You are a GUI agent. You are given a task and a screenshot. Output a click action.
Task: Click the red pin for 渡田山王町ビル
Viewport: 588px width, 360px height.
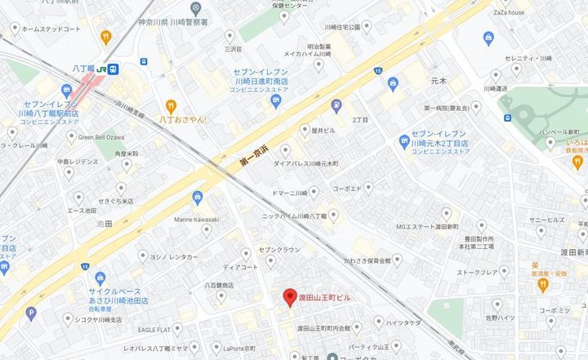click(287, 298)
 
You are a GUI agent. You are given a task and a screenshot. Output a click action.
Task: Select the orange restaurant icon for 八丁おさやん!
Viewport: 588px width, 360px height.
click(171, 105)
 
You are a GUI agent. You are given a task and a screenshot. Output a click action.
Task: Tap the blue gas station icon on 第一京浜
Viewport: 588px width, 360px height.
click(336, 106)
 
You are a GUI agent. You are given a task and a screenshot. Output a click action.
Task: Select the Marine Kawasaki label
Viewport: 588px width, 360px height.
click(196, 219)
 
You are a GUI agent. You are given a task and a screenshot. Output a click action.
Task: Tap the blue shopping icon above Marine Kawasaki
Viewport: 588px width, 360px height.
click(197, 197)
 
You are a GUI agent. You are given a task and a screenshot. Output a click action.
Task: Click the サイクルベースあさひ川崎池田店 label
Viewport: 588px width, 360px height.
click(114, 296)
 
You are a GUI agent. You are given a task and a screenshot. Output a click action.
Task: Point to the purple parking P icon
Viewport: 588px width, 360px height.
click(31, 312)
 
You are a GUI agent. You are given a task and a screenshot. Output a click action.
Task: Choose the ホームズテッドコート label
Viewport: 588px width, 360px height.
click(51, 29)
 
